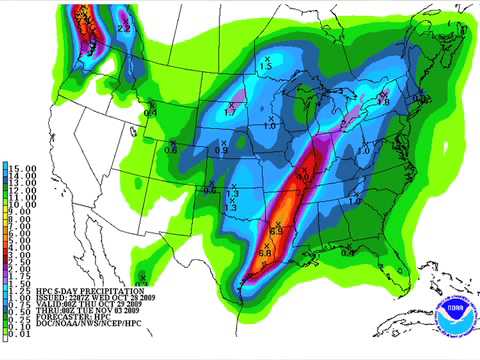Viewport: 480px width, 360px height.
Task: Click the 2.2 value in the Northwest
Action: (x=125, y=29)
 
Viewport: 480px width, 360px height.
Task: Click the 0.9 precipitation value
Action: (x=222, y=150)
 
